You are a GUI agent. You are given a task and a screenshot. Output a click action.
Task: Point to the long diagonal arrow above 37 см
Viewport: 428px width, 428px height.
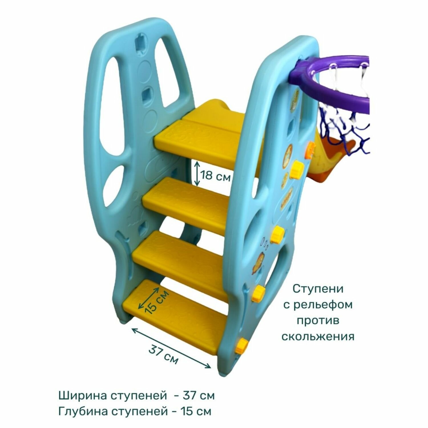click(x=171, y=348)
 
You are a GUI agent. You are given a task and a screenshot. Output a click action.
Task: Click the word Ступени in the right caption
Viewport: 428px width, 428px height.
click(x=318, y=289)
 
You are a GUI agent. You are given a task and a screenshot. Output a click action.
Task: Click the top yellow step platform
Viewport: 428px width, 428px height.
click(x=200, y=137)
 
